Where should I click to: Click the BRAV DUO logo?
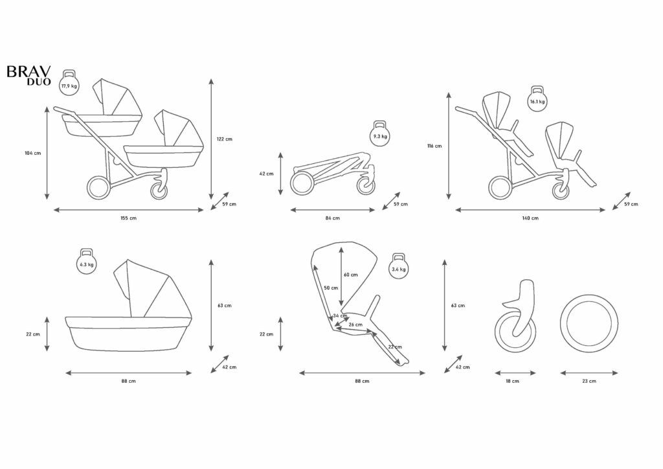28,75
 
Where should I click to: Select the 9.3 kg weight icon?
379,135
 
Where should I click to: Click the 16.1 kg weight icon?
537,100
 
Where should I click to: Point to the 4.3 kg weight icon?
87,262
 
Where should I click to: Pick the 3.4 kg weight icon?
399,268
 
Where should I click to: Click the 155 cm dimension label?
129,218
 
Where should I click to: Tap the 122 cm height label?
224,139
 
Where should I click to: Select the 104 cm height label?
32,153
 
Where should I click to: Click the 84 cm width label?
332,218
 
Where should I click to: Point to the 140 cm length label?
530,218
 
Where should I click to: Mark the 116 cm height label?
434,146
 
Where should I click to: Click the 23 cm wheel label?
589,381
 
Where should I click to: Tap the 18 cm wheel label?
513,381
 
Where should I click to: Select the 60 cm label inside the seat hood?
350,275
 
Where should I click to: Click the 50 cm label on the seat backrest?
331,288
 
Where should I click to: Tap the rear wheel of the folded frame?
303,183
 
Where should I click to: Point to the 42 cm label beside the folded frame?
266,174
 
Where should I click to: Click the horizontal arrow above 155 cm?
129,210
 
